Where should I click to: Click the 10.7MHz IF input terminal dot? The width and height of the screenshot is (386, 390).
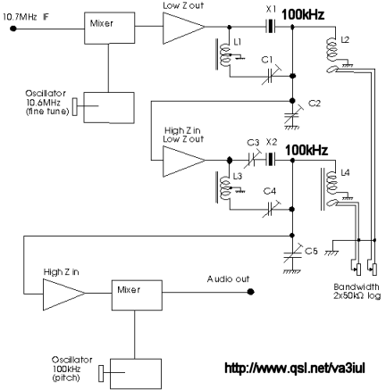pos(13,29)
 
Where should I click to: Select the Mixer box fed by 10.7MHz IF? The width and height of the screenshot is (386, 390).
pos(110,28)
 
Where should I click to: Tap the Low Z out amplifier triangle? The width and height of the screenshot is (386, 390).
pos(184,28)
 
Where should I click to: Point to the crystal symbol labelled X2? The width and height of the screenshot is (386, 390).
pos(271,160)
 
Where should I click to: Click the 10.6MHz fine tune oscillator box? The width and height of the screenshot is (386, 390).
pos(109,107)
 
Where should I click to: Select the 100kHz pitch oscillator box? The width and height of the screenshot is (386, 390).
pos(136,374)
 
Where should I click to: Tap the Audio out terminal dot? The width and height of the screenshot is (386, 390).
pos(251,292)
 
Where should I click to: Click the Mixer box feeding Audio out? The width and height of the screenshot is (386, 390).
pos(137,295)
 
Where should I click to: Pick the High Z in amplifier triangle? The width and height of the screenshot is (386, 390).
pos(64,294)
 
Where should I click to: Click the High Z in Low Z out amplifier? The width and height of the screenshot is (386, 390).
pos(184,161)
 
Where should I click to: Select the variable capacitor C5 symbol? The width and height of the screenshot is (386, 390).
pos(293,257)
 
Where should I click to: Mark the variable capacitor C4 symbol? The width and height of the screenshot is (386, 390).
pos(271,209)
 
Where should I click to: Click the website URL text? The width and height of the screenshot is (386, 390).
pos(295,369)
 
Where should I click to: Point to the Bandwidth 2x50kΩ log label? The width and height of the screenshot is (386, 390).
pos(357,291)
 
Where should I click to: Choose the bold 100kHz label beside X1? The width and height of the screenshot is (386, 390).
pos(303,14)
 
